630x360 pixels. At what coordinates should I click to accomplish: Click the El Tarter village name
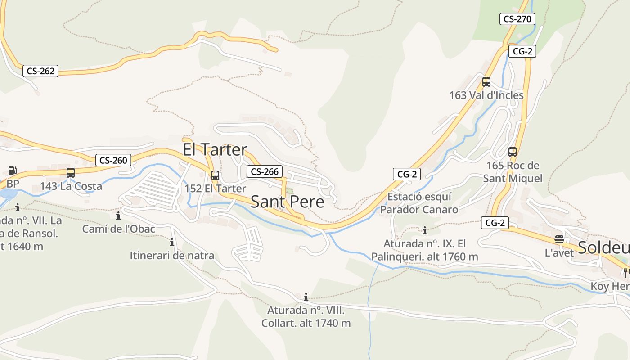click(x=215, y=149)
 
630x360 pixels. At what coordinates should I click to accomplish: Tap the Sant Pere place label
click(x=287, y=202)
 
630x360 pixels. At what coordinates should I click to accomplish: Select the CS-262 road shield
click(x=40, y=71)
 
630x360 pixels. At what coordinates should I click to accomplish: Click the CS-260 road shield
click(x=113, y=160)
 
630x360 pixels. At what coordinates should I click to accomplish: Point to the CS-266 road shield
click(x=265, y=171)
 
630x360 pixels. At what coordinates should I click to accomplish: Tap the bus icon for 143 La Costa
click(x=71, y=173)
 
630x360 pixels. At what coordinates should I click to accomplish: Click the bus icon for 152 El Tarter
click(x=215, y=175)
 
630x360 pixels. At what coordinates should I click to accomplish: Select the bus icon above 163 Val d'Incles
click(x=486, y=82)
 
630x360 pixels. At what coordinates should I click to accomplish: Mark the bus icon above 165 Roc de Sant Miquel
click(x=513, y=152)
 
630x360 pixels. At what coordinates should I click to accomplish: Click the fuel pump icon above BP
click(x=13, y=171)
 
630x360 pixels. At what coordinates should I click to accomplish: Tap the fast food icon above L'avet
click(x=559, y=239)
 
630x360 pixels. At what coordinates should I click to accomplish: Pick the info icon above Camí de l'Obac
click(x=118, y=216)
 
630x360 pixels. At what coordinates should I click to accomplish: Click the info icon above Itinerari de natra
click(x=172, y=243)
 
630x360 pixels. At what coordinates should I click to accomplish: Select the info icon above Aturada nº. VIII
click(x=306, y=297)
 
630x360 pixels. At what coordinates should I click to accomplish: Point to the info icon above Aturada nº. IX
click(x=425, y=231)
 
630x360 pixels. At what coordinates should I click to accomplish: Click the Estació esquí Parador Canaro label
click(x=419, y=203)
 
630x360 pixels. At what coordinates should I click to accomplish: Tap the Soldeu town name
click(x=603, y=247)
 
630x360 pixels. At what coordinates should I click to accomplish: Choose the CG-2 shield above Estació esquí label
click(x=407, y=174)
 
